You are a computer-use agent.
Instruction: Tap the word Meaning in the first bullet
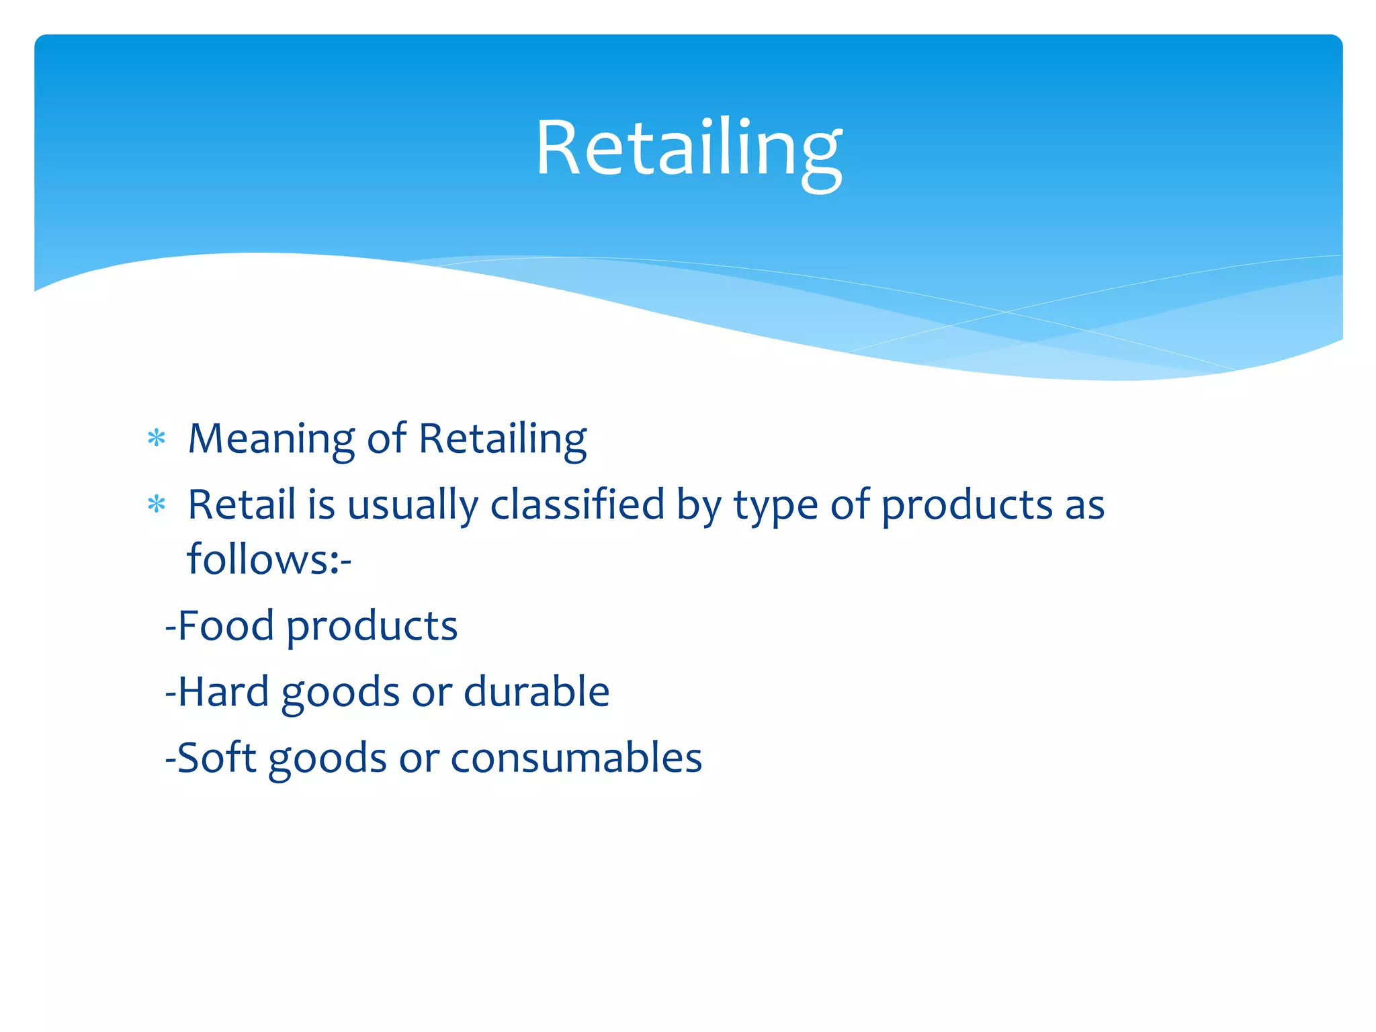pos(271,439)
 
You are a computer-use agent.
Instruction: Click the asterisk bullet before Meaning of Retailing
pos(157,439)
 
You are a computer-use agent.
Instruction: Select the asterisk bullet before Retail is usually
pos(157,504)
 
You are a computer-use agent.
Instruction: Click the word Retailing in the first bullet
pos(502,439)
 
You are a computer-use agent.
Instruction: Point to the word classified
pos(576,504)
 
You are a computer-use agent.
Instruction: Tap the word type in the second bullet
pos(775,505)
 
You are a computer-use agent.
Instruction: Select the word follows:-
pos(269,559)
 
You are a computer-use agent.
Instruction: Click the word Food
pos(226,626)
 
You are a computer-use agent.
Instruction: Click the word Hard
pos(223,691)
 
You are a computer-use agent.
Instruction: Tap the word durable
pos(536,691)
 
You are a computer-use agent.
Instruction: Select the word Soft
pos(216,757)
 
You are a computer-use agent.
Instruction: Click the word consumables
pos(576,757)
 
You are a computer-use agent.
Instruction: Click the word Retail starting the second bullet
pos(241,504)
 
